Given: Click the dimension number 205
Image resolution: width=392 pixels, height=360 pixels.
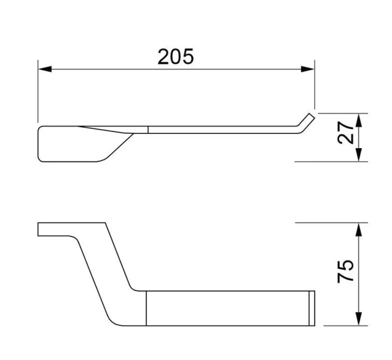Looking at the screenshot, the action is [176, 56].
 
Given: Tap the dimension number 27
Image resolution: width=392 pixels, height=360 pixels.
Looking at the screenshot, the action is [345, 133].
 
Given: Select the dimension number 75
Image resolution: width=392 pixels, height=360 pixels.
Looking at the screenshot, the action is [345, 272].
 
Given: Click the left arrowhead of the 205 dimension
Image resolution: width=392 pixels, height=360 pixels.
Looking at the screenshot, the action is [45, 69].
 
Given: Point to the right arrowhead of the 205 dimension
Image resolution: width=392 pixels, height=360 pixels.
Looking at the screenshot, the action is [307, 69].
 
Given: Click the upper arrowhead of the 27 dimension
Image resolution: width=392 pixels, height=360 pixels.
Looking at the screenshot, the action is [359, 120].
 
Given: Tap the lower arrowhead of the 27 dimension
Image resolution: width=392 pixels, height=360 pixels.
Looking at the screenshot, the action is [359, 155].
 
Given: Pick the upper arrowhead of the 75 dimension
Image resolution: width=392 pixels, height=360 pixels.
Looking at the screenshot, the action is [359, 230].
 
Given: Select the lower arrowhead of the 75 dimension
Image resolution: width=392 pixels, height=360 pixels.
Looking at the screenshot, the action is [359, 319].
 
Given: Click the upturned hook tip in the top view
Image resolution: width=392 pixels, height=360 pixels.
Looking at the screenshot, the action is [306, 120].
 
